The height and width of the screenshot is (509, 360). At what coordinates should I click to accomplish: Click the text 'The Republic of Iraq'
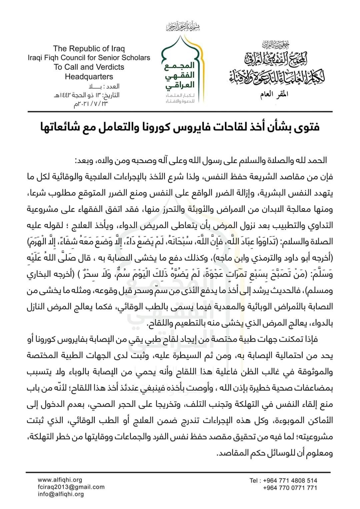(89, 49)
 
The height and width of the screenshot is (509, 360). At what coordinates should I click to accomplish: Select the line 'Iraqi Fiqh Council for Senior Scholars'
(89, 58)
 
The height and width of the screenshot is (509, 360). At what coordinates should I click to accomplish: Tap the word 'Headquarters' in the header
(89, 77)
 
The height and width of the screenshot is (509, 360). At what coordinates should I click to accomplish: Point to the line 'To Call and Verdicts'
(89, 67)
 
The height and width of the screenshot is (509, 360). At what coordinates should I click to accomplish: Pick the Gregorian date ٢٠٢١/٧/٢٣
(91, 104)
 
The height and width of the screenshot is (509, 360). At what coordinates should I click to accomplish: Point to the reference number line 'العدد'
(100, 87)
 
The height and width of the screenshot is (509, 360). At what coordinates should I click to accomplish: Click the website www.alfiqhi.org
(60, 480)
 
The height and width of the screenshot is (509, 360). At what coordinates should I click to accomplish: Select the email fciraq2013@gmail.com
(71, 487)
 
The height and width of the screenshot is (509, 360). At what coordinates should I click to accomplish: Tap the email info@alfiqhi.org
(61, 494)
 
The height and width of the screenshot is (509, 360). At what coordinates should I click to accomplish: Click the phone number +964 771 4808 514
(290, 480)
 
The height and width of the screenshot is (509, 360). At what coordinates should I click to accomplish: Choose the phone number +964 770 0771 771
(290, 488)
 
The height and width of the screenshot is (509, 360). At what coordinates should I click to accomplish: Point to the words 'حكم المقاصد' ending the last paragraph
(233, 453)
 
